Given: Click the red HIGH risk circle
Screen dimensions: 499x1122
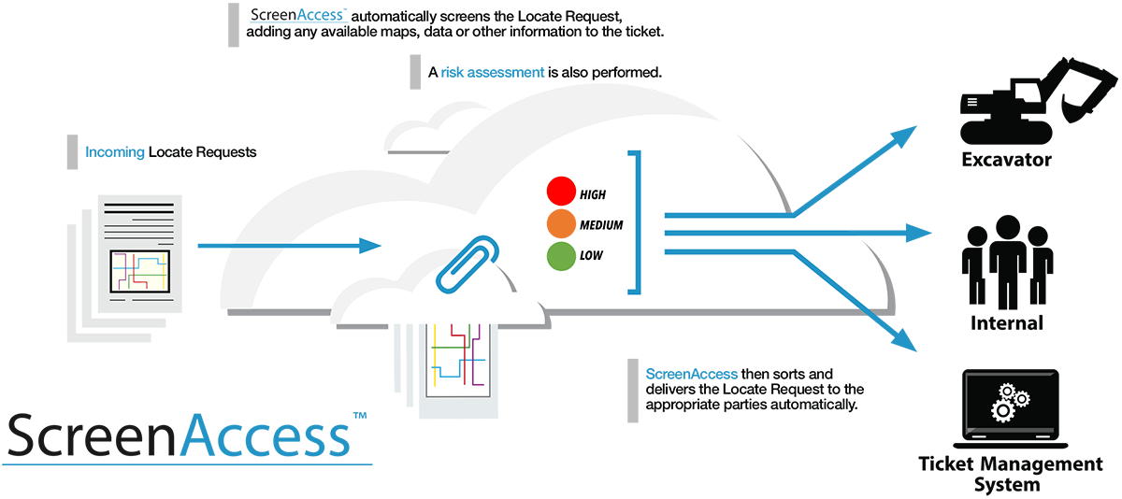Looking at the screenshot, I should (561, 193).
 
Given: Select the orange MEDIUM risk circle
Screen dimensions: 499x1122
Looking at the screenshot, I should (561, 224).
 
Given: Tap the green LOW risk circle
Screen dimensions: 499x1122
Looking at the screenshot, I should (561, 255).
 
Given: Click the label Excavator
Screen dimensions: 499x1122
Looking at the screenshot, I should (1006, 160).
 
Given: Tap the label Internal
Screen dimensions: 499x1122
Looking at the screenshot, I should (1007, 323).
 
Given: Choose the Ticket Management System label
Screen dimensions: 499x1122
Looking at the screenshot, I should (1010, 474).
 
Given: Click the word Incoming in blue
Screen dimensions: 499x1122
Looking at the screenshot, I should (115, 151).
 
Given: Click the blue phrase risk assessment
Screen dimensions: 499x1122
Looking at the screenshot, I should (493, 72).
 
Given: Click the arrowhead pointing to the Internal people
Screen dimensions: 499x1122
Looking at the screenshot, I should (920, 233).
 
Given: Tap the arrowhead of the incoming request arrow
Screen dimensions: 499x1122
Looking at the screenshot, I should (371, 246).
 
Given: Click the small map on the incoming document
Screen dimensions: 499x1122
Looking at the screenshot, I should (139, 272).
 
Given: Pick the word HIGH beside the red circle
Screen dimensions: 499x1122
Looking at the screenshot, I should (593, 194).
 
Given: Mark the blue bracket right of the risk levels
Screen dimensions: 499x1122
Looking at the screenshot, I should (637, 221).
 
